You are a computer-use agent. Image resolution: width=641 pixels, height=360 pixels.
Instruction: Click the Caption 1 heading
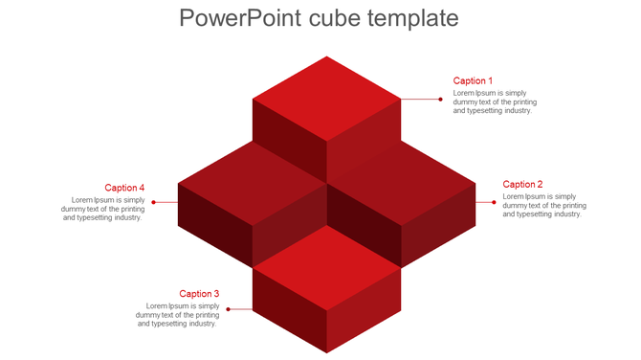pyautogui.click(x=473, y=81)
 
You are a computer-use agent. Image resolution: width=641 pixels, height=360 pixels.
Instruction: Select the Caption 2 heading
pyautogui.click(x=522, y=185)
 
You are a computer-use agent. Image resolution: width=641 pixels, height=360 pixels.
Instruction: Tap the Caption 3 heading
pyautogui.click(x=199, y=294)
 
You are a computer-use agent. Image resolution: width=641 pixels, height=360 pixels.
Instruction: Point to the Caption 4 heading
pyautogui.click(x=124, y=189)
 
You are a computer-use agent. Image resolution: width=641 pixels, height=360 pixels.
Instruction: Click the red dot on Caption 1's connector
pyautogui.click(x=440, y=99)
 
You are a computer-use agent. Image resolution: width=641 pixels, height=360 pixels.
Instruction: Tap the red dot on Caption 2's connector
pyautogui.click(x=494, y=202)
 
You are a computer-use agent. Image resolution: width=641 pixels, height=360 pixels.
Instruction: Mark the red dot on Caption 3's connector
pyautogui.click(x=228, y=310)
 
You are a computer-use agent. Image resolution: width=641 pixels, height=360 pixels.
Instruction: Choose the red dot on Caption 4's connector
pyautogui.click(x=153, y=202)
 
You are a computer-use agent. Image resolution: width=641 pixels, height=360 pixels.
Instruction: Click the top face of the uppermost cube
pyautogui.click(x=326, y=98)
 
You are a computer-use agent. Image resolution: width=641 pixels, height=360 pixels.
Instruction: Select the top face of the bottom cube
pyautogui.click(x=326, y=269)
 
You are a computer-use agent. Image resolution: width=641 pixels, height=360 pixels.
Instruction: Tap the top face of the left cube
pyautogui.click(x=251, y=181)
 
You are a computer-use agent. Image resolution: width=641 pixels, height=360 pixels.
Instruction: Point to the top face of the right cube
pyautogui.click(x=402, y=181)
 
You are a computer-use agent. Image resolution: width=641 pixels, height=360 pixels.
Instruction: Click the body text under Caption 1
pyautogui.click(x=495, y=101)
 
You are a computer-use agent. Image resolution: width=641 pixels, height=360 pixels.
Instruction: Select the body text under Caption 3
pyautogui.click(x=177, y=315)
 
